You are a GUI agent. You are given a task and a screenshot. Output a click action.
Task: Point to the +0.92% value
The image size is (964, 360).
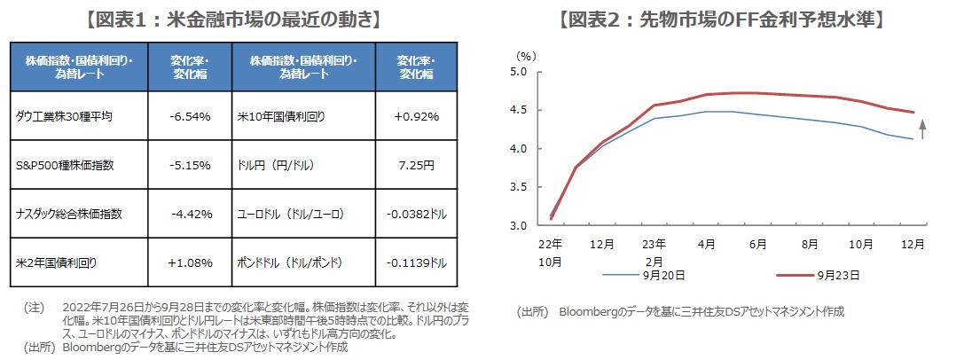click(415, 116)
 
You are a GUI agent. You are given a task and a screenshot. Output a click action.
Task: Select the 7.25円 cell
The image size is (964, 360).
click(415, 165)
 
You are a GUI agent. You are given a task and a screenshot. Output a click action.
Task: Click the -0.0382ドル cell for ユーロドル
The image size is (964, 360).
click(415, 214)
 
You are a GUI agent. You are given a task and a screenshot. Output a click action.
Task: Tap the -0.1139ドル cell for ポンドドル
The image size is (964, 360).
click(415, 262)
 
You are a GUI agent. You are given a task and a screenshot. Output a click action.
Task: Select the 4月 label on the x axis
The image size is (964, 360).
click(707, 243)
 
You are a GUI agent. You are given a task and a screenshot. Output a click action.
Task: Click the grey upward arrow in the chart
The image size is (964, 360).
click(922, 130)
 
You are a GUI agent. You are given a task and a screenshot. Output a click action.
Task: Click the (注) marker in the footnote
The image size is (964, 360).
click(33, 308)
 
